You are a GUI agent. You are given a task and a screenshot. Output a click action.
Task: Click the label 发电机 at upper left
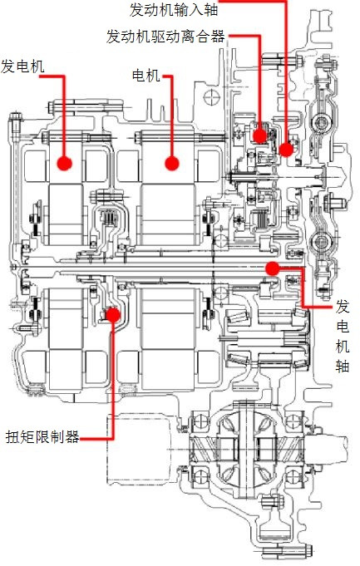point(22,66)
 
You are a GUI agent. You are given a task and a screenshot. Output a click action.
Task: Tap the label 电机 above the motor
point(145,76)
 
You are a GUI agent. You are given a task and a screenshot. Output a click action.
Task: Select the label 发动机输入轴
point(174,10)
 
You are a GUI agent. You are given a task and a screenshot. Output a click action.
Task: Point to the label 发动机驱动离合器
point(165,37)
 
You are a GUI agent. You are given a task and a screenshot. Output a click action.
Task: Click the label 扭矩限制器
point(42,437)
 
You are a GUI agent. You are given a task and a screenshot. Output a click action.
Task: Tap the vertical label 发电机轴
point(343,336)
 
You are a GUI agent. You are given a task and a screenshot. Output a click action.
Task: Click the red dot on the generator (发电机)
point(65,163)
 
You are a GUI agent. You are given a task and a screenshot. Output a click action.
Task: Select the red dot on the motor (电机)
point(172,163)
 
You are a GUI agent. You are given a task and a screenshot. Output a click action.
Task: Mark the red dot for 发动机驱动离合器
point(260,135)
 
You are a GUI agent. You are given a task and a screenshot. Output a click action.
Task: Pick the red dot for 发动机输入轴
point(286,149)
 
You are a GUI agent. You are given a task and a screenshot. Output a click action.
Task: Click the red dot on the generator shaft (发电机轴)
point(272,268)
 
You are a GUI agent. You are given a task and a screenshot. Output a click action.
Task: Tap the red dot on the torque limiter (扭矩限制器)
point(113,315)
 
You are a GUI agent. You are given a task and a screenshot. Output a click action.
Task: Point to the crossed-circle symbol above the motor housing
point(211,97)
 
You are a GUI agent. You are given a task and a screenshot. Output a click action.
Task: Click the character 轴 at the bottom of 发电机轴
point(343,366)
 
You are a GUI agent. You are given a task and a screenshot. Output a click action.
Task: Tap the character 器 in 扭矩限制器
point(72,437)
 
